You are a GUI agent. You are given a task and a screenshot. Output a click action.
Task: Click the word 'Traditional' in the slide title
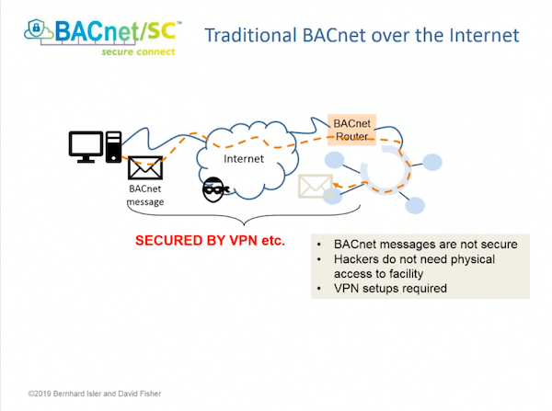(x=250, y=36)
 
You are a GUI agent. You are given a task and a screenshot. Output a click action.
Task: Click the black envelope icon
(x=144, y=168)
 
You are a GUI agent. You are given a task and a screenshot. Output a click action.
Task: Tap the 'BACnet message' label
(x=144, y=196)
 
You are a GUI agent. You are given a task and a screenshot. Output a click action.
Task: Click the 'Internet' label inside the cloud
(x=244, y=158)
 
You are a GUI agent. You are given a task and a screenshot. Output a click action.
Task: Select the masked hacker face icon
(x=213, y=188)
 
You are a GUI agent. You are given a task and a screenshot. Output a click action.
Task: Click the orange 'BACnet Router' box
(x=352, y=129)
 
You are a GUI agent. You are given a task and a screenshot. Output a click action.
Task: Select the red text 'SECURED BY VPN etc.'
(x=210, y=241)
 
